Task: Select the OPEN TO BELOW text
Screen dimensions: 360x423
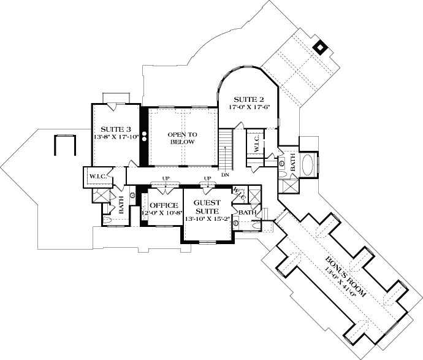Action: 183,138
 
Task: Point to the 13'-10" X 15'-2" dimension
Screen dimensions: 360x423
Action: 207,218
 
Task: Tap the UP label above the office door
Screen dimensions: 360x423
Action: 166,178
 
